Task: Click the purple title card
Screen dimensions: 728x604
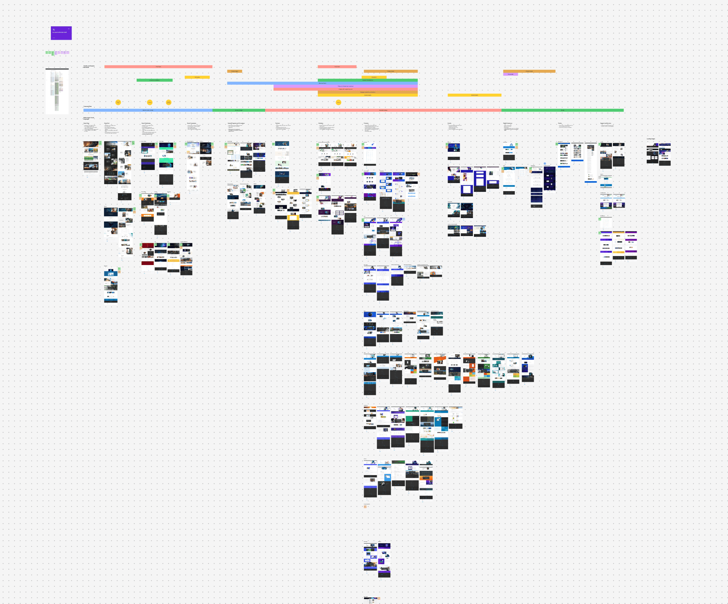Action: tap(61, 33)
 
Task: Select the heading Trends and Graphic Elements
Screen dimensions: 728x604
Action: tap(89, 67)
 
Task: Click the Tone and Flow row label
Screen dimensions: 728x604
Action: tap(87, 106)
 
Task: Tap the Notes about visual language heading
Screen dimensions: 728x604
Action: tap(88, 118)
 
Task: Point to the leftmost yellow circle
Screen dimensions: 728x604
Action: tap(118, 102)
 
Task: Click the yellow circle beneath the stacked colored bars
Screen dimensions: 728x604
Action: tap(338, 102)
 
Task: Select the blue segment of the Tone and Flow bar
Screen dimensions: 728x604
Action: tap(148, 110)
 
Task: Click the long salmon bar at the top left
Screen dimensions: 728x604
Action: tap(158, 67)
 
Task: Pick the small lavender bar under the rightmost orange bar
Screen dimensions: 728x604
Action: tap(510, 74)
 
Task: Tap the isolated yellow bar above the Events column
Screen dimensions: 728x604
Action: tap(474, 95)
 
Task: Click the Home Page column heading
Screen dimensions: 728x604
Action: tap(86, 123)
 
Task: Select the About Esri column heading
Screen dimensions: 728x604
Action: tap(107, 123)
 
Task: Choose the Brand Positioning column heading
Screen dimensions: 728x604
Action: tap(146, 123)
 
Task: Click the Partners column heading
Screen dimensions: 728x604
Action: tap(278, 123)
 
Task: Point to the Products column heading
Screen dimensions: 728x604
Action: tap(366, 123)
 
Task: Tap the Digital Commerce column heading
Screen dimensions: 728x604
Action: tap(507, 123)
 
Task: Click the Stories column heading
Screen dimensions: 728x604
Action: tap(560, 123)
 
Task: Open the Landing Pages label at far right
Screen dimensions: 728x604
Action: tap(651, 139)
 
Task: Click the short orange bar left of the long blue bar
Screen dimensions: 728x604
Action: tap(234, 72)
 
